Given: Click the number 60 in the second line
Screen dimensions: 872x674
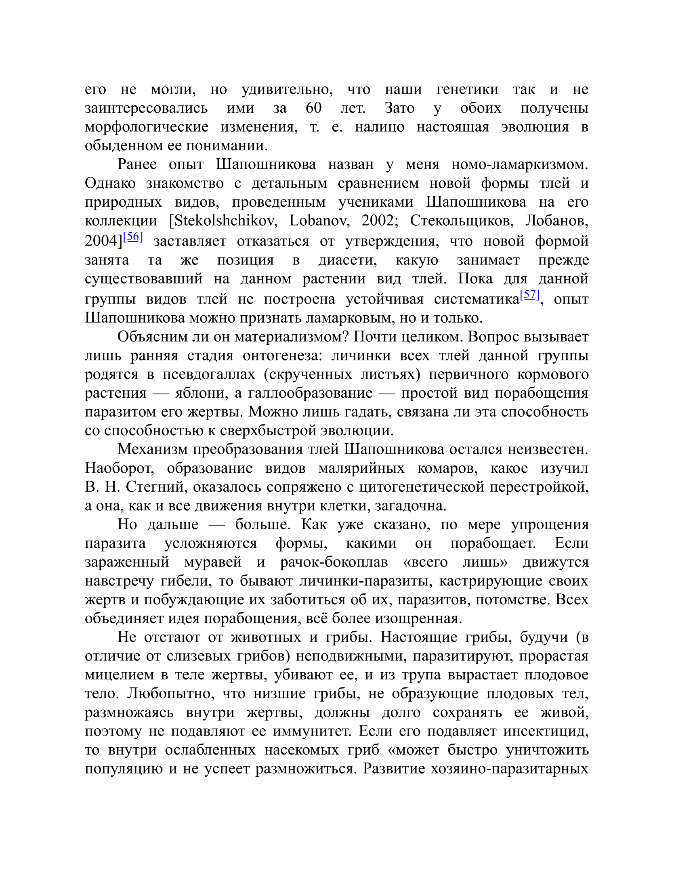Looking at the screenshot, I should (313, 108).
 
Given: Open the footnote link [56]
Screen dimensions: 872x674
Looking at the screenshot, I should (133, 237).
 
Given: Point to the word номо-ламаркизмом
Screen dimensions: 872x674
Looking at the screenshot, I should (519, 164).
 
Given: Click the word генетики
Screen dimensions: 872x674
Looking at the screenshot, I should (467, 89).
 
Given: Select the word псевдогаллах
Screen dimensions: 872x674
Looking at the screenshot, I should (209, 374).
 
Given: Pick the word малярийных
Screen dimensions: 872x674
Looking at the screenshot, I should (361, 468).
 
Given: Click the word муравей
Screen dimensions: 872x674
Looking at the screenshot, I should (213, 562).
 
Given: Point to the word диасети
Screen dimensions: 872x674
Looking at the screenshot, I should (347, 260).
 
